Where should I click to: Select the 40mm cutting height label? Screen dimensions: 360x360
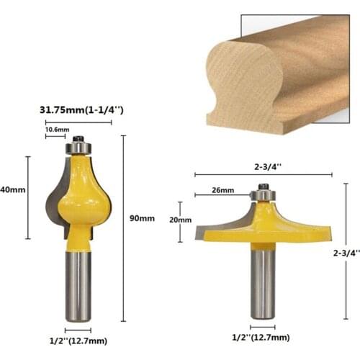[12, 190]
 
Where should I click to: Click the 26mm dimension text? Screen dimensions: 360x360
[223, 191]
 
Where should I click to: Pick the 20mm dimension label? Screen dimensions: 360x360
[180, 220]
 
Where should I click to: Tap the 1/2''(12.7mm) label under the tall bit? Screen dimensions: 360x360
[78, 341]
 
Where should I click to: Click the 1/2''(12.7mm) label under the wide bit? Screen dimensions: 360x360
[260, 337]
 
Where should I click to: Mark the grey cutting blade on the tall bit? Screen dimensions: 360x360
[54, 198]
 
